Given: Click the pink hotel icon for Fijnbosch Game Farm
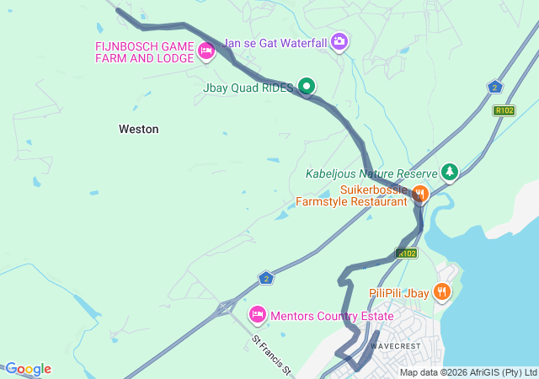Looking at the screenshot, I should click(205, 51).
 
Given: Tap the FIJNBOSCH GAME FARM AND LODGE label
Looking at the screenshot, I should click(146, 52).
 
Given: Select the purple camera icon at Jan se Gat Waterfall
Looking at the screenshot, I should click(339, 40).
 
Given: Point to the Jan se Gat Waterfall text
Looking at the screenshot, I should click(275, 41).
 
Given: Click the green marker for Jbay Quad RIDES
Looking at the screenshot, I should click(307, 86).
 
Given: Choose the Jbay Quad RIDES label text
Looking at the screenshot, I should click(248, 87).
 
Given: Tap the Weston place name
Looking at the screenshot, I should click(139, 129).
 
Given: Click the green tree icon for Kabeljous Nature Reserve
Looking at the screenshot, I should click(450, 173).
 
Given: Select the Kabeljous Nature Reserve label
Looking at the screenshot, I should click(371, 174).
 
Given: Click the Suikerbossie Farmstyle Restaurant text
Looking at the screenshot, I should click(352, 195).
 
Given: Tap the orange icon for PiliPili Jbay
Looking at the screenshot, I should click(442, 291).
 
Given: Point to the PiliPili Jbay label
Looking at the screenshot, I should click(399, 292).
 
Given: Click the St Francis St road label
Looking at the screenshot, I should click(271, 355).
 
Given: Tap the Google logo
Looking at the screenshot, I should click(27, 369).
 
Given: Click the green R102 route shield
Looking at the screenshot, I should click(504, 110).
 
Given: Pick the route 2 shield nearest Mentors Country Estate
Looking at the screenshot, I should click(266, 277).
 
